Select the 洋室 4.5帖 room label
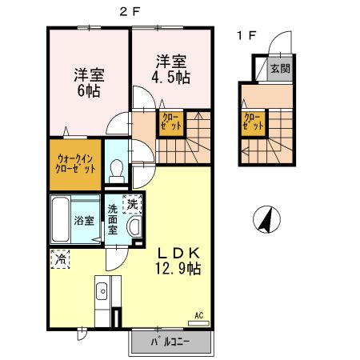tap(173, 68)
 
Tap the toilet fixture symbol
tap(116, 169)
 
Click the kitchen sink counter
tap(103, 300)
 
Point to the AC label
tap(198, 316)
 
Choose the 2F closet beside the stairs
tap(171, 123)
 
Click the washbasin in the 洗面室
tap(134, 229)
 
